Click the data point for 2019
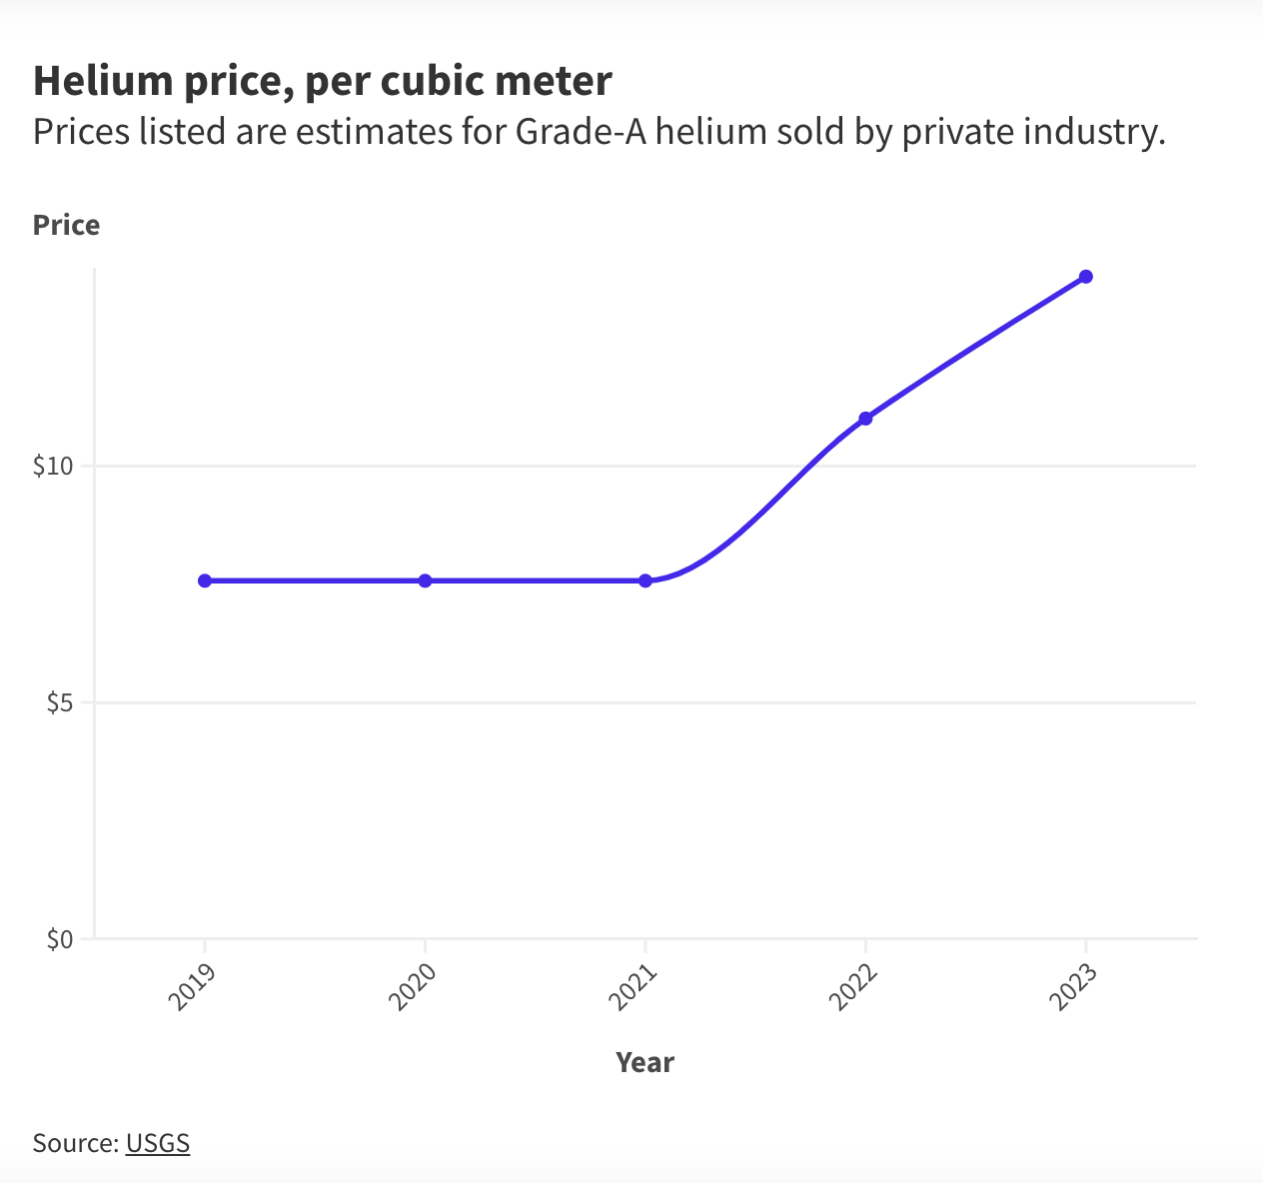pos(205,581)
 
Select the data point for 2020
pos(425,581)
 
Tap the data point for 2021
pos(645,581)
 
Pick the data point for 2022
pos(865,419)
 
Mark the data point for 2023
pos(1086,277)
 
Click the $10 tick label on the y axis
pos(53,467)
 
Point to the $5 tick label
pos(60,702)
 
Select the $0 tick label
pos(60,939)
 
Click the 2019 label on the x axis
pos(192,987)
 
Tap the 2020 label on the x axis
pos(412,987)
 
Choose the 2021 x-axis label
pos(632,987)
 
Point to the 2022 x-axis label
pos(852,987)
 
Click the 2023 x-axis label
pos(1073,987)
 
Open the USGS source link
pos(158,1143)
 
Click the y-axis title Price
pos(66,225)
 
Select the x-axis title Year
pos(644,1063)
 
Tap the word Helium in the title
pos(103,81)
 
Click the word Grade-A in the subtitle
pos(581,132)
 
